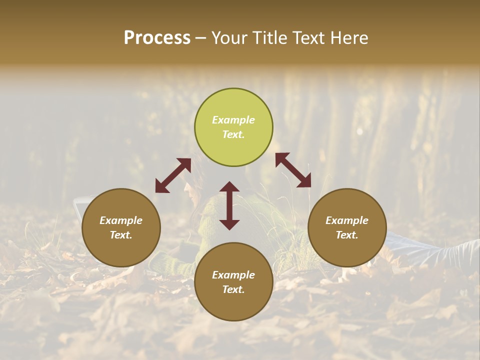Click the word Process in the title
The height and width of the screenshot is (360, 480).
tap(157, 38)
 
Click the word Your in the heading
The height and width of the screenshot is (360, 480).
tap(229, 38)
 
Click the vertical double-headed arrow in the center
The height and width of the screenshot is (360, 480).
tap(229, 205)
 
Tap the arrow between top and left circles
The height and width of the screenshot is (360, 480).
tap(173, 175)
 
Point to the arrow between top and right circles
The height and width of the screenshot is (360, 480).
tap(293, 170)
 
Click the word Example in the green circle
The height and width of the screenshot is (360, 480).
tap(233, 120)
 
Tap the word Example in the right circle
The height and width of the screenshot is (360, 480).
tap(347, 220)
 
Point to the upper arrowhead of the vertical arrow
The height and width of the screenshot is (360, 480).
tap(229, 187)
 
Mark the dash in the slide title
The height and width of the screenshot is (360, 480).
tap(200, 38)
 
